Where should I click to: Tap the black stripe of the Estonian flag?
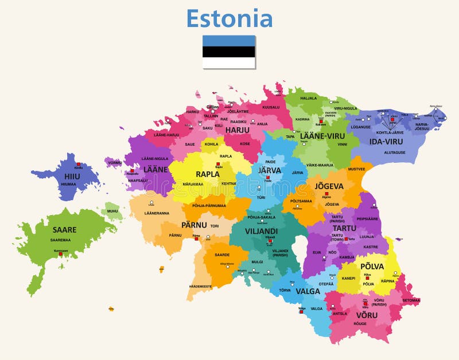(229, 52)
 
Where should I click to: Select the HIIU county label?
(72, 176)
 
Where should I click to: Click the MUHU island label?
(112, 211)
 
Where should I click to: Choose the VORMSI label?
(115, 163)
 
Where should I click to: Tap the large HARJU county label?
(237, 130)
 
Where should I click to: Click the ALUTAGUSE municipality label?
(394, 152)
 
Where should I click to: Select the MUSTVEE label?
(356, 169)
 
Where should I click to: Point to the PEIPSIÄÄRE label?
(367, 218)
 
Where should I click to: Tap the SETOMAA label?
(411, 300)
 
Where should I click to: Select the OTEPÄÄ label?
(326, 283)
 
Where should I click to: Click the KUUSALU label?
(271, 107)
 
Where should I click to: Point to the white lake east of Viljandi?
(298, 248)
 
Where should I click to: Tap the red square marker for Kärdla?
(79, 164)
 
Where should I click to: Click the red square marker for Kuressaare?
(57, 254)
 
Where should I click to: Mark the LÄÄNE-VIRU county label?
(321, 136)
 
